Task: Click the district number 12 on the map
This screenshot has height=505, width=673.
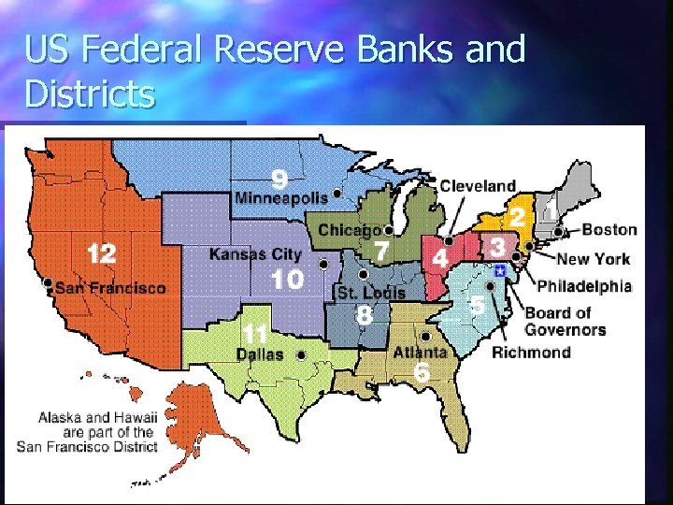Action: point(101,253)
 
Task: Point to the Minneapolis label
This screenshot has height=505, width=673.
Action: point(280,198)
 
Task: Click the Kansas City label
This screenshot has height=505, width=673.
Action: point(255,254)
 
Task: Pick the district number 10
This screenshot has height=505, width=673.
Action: point(286,279)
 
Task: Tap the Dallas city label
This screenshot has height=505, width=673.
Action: point(260,354)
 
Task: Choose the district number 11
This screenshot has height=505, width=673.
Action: point(254,332)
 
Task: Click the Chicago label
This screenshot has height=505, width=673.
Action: point(349,229)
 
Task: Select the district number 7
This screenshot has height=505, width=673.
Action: point(381,251)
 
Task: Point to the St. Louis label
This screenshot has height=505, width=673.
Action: point(371,293)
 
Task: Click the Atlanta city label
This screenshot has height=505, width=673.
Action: point(419,353)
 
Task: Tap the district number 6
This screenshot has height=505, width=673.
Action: point(422,372)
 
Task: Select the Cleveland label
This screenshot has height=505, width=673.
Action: point(478,186)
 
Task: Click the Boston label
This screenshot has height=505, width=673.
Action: point(609,229)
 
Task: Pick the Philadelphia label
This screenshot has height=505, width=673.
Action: point(584,286)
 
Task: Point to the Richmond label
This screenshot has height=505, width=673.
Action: point(531,352)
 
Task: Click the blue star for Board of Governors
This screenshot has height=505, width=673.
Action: point(500,270)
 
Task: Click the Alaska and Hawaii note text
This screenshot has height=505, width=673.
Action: point(97,432)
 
